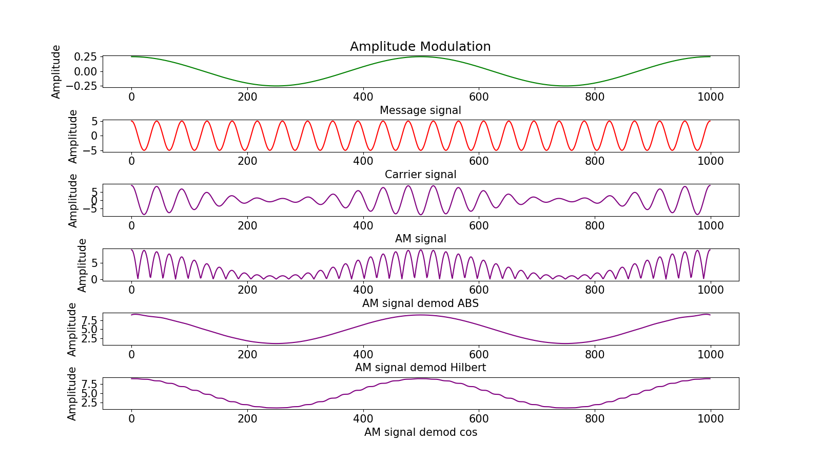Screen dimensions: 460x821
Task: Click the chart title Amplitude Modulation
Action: tap(420, 47)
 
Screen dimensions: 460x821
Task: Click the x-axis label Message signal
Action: tap(420, 110)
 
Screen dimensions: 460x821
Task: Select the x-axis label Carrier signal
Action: tap(420, 175)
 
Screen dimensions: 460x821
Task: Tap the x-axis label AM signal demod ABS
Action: tap(420, 303)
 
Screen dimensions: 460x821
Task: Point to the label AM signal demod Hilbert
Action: tap(420, 368)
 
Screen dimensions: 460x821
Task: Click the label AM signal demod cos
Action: tap(420, 432)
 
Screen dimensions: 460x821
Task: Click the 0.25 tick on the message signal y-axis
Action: tap(85, 57)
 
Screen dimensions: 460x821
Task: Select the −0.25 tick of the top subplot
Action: tap(82, 86)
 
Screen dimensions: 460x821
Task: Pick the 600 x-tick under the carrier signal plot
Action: tap(479, 161)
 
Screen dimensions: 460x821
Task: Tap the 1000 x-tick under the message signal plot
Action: tap(710, 97)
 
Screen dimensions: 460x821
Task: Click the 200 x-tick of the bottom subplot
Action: tap(247, 419)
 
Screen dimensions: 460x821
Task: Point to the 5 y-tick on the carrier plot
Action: tap(94, 122)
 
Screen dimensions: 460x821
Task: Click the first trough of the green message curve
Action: tap(276, 86)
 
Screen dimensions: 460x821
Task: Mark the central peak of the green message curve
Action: tap(421, 56)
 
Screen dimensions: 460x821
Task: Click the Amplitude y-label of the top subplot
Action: tap(56, 71)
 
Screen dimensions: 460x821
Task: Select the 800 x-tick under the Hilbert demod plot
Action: tap(595, 355)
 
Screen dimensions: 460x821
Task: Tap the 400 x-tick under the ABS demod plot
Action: tap(363, 290)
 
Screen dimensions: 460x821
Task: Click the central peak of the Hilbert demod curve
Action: tap(421, 315)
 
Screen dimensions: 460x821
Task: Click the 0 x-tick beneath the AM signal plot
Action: tap(132, 226)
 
